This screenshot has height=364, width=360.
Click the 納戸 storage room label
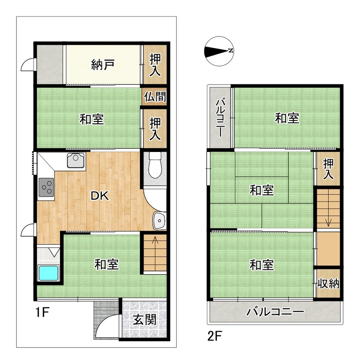click(103, 65)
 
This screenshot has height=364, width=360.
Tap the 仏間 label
click(155, 96)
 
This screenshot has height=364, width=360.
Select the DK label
click(100, 196)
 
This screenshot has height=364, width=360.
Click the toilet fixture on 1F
click(155, 165)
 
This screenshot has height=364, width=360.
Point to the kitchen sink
click(76, 160)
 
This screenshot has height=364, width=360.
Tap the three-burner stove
click(46, 187)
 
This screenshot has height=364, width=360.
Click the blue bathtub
click(48, 273)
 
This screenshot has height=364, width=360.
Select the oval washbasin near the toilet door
click(159, 220)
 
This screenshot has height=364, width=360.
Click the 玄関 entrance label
click(145, 320)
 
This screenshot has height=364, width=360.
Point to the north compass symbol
click(220, 51)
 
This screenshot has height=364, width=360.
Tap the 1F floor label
click(42, 312)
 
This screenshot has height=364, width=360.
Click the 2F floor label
click(215, 336)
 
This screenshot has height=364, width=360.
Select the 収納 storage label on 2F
click(328, 283)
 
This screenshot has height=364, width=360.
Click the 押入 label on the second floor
click(329, 169)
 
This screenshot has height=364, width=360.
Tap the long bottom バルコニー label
click(275, 312)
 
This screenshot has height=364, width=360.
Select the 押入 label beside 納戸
click(155, 65)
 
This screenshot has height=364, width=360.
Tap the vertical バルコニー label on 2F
click(220, 118)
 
